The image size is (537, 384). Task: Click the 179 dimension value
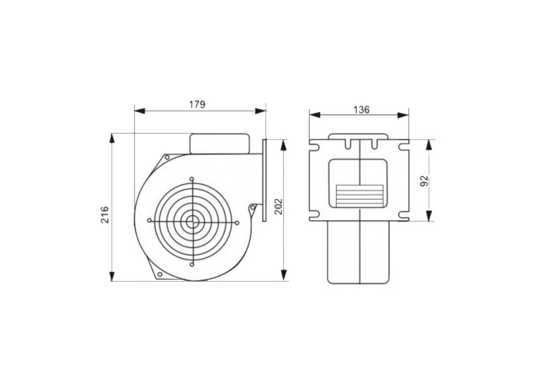197,104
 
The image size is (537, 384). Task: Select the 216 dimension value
104,214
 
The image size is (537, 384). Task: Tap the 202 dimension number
278,206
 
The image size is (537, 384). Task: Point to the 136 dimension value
361,110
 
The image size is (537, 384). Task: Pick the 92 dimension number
424,180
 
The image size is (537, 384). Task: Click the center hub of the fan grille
192,221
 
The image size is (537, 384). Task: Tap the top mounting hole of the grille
192,179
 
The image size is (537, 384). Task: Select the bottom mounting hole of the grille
192,264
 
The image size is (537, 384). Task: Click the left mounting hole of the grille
150,220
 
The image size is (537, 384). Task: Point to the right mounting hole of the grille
236,223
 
